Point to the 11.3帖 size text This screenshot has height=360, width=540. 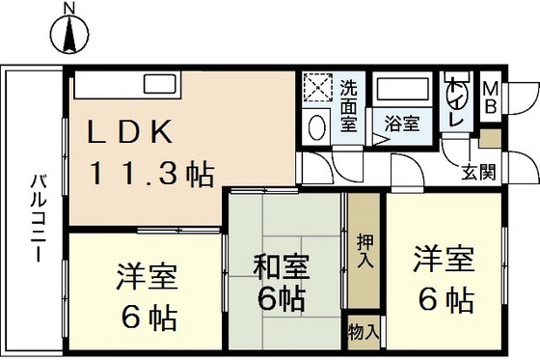coord(152,174)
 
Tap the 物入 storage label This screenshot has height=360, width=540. coord(363,332)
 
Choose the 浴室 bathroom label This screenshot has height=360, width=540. coord(401,124)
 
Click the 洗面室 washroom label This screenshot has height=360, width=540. coord(348,105)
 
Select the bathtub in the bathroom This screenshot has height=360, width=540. coord(402,91)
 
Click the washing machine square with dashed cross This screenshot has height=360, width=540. coord(317,90)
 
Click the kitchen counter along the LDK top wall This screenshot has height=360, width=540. coord(125,85)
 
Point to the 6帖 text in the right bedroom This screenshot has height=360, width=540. coord(445,299)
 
